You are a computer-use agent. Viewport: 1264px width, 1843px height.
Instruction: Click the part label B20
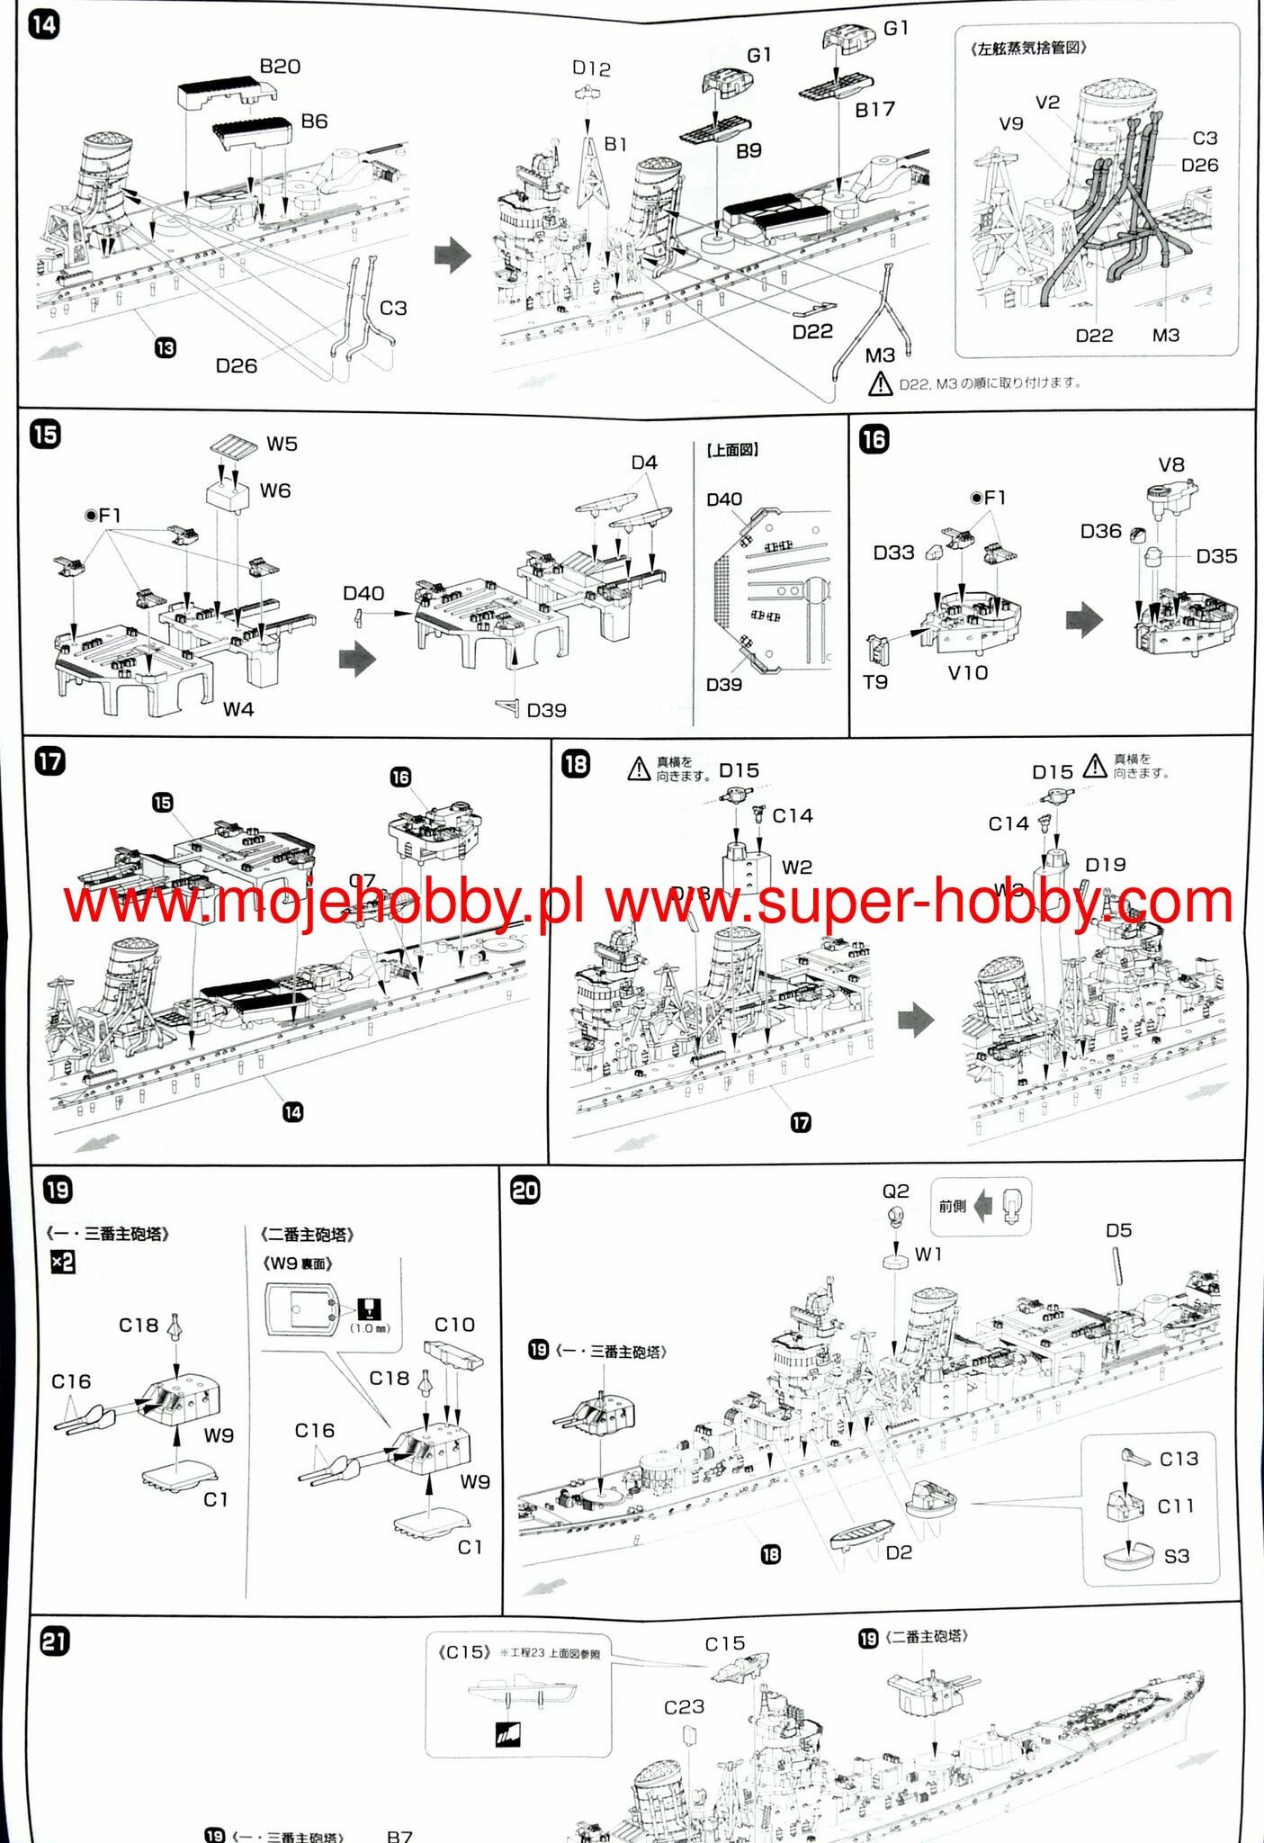[x=280, y=67]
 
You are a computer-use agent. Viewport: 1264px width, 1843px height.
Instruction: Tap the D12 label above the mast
[x=591, y=68]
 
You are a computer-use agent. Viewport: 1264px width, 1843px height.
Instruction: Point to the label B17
[x=874, y=110]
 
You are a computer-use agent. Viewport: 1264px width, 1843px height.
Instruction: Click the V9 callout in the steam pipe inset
[x=1011, y=123]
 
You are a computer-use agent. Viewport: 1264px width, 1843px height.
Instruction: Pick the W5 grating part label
[x=282, y=445]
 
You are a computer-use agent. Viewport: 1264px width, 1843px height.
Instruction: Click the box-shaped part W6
[x=227, y=495]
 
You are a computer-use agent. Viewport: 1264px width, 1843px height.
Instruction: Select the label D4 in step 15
[x=644, y=463]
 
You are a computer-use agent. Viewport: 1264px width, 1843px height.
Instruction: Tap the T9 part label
[x=874, y=682]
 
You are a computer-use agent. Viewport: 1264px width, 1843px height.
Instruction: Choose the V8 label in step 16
[x=1170, y=465]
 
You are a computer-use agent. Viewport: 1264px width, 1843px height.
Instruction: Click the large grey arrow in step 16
[x=1083, y=620]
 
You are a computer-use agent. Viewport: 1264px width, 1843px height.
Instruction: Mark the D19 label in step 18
[x=1105, y=865]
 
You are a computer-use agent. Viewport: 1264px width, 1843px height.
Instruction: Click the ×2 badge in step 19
[x=62, y=1263]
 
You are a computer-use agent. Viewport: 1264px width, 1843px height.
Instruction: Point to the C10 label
[x=454, y=1325]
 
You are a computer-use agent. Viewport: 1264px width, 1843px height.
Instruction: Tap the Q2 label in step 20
[x=895, y=1191]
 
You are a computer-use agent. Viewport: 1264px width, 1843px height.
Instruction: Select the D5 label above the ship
[x=1118, y=1230]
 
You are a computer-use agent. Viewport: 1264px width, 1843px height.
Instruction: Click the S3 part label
[x=1176, y=1556]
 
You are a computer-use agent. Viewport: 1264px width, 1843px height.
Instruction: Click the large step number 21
[x=55, y=1642]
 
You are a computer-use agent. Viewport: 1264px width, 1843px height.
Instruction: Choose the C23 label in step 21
[x=684, y=1707]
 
